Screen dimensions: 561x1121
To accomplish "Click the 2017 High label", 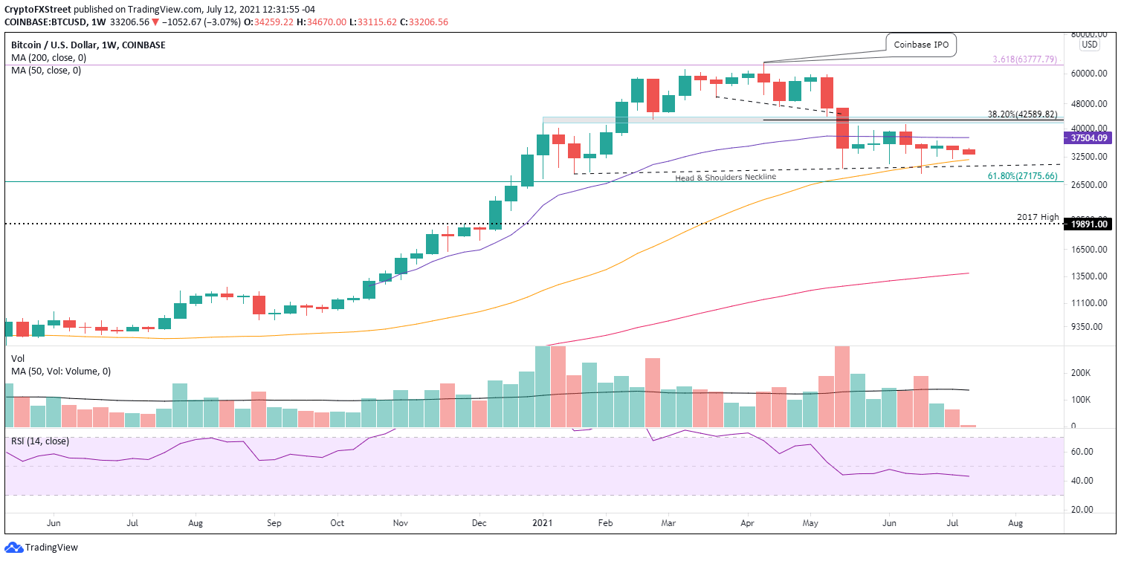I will [1037, 217].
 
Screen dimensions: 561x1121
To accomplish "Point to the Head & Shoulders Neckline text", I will [725, 178].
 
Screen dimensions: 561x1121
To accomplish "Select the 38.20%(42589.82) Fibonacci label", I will [1021, 114].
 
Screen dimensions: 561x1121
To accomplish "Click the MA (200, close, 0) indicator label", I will [46, 58].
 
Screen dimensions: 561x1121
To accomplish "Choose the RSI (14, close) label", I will [39, 441].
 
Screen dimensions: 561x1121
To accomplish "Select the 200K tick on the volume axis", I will [1100, 373].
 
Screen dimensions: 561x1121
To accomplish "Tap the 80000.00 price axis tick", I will [1091, 34].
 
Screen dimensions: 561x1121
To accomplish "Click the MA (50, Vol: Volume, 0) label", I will [61, 372].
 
